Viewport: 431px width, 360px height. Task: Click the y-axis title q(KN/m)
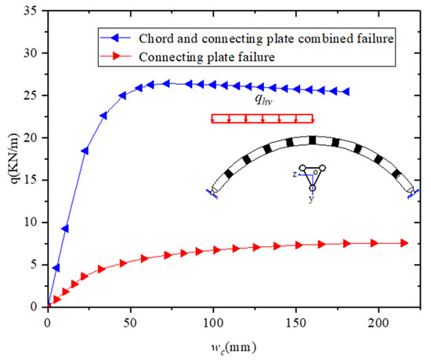(13, 160)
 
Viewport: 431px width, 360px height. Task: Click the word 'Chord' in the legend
(153, 38)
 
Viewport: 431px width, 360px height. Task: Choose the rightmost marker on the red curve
(404, 243)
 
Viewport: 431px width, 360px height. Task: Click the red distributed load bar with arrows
(262, 119)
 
